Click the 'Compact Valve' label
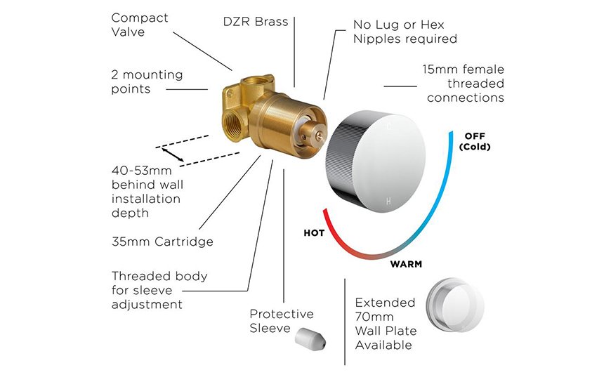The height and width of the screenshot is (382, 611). click(140, 25)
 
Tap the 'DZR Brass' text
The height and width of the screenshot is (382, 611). click(256, 22)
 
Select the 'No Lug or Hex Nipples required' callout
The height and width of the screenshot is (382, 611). click(405, 32)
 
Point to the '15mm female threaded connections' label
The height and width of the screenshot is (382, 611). click(464, 84)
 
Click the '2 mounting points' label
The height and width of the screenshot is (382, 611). click(147, 81)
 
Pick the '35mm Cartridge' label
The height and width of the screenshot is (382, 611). click(162, 242)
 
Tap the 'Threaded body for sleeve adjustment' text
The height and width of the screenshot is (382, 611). click(159, 290)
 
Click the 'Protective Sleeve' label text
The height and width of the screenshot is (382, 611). click(282, 321)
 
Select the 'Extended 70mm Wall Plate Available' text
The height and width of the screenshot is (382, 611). click(386, 324)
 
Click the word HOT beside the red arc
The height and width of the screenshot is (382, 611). click(314, 233)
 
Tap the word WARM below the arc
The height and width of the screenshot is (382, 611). click(406, 264)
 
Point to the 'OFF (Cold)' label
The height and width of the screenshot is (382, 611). click(475, 142)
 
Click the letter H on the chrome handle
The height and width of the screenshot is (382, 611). click(388, 201)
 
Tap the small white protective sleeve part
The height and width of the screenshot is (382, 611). click(310, 338)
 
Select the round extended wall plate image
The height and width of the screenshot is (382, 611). click(455, 305)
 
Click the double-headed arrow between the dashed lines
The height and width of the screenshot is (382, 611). click(173, 154)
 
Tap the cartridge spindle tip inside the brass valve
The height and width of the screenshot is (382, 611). click(320, 136)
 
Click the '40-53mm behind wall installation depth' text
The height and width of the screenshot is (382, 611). click(147, 192)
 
